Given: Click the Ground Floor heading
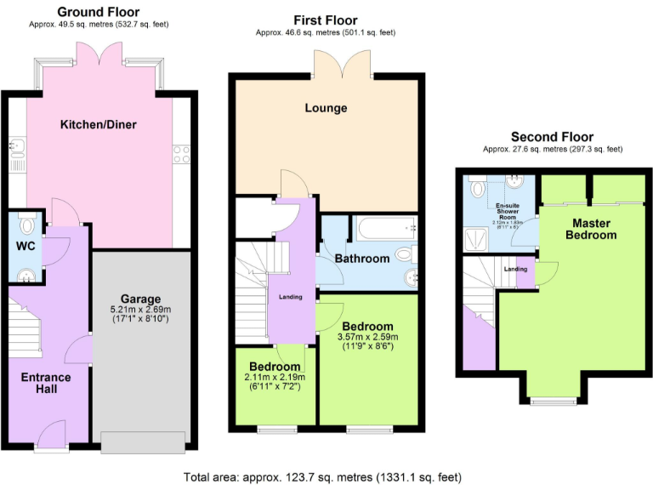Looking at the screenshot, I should [99, 12].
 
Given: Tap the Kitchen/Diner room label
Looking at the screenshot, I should [99, 125].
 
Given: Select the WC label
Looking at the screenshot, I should [25, 248].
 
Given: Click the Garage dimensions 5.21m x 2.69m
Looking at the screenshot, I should [140, 310].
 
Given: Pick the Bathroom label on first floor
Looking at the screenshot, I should [362, 259].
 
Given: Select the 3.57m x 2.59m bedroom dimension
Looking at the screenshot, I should [368, 337].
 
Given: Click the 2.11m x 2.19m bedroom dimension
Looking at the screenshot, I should [275, 377].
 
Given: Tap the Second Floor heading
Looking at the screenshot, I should [552, 137].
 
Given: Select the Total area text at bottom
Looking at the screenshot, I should [326, 477].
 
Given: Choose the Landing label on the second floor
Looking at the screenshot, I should [515, 269].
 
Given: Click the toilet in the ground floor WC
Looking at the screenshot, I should [28, 226].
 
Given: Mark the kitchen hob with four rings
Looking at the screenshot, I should [181, 154].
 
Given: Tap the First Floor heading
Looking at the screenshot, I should [326, 20].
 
